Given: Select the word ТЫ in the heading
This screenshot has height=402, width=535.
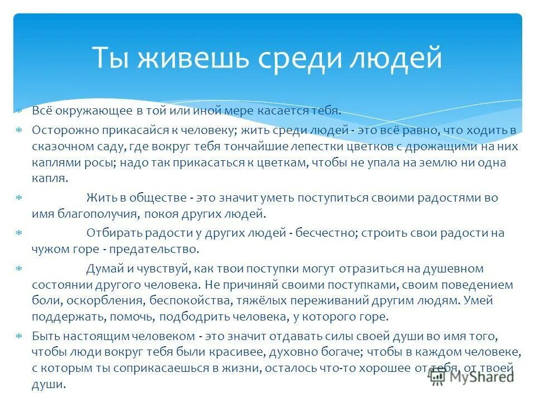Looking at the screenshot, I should (111, 58).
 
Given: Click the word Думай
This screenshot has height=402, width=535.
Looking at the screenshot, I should (104, 269).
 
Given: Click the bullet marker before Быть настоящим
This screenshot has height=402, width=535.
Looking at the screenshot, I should (19, 337).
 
